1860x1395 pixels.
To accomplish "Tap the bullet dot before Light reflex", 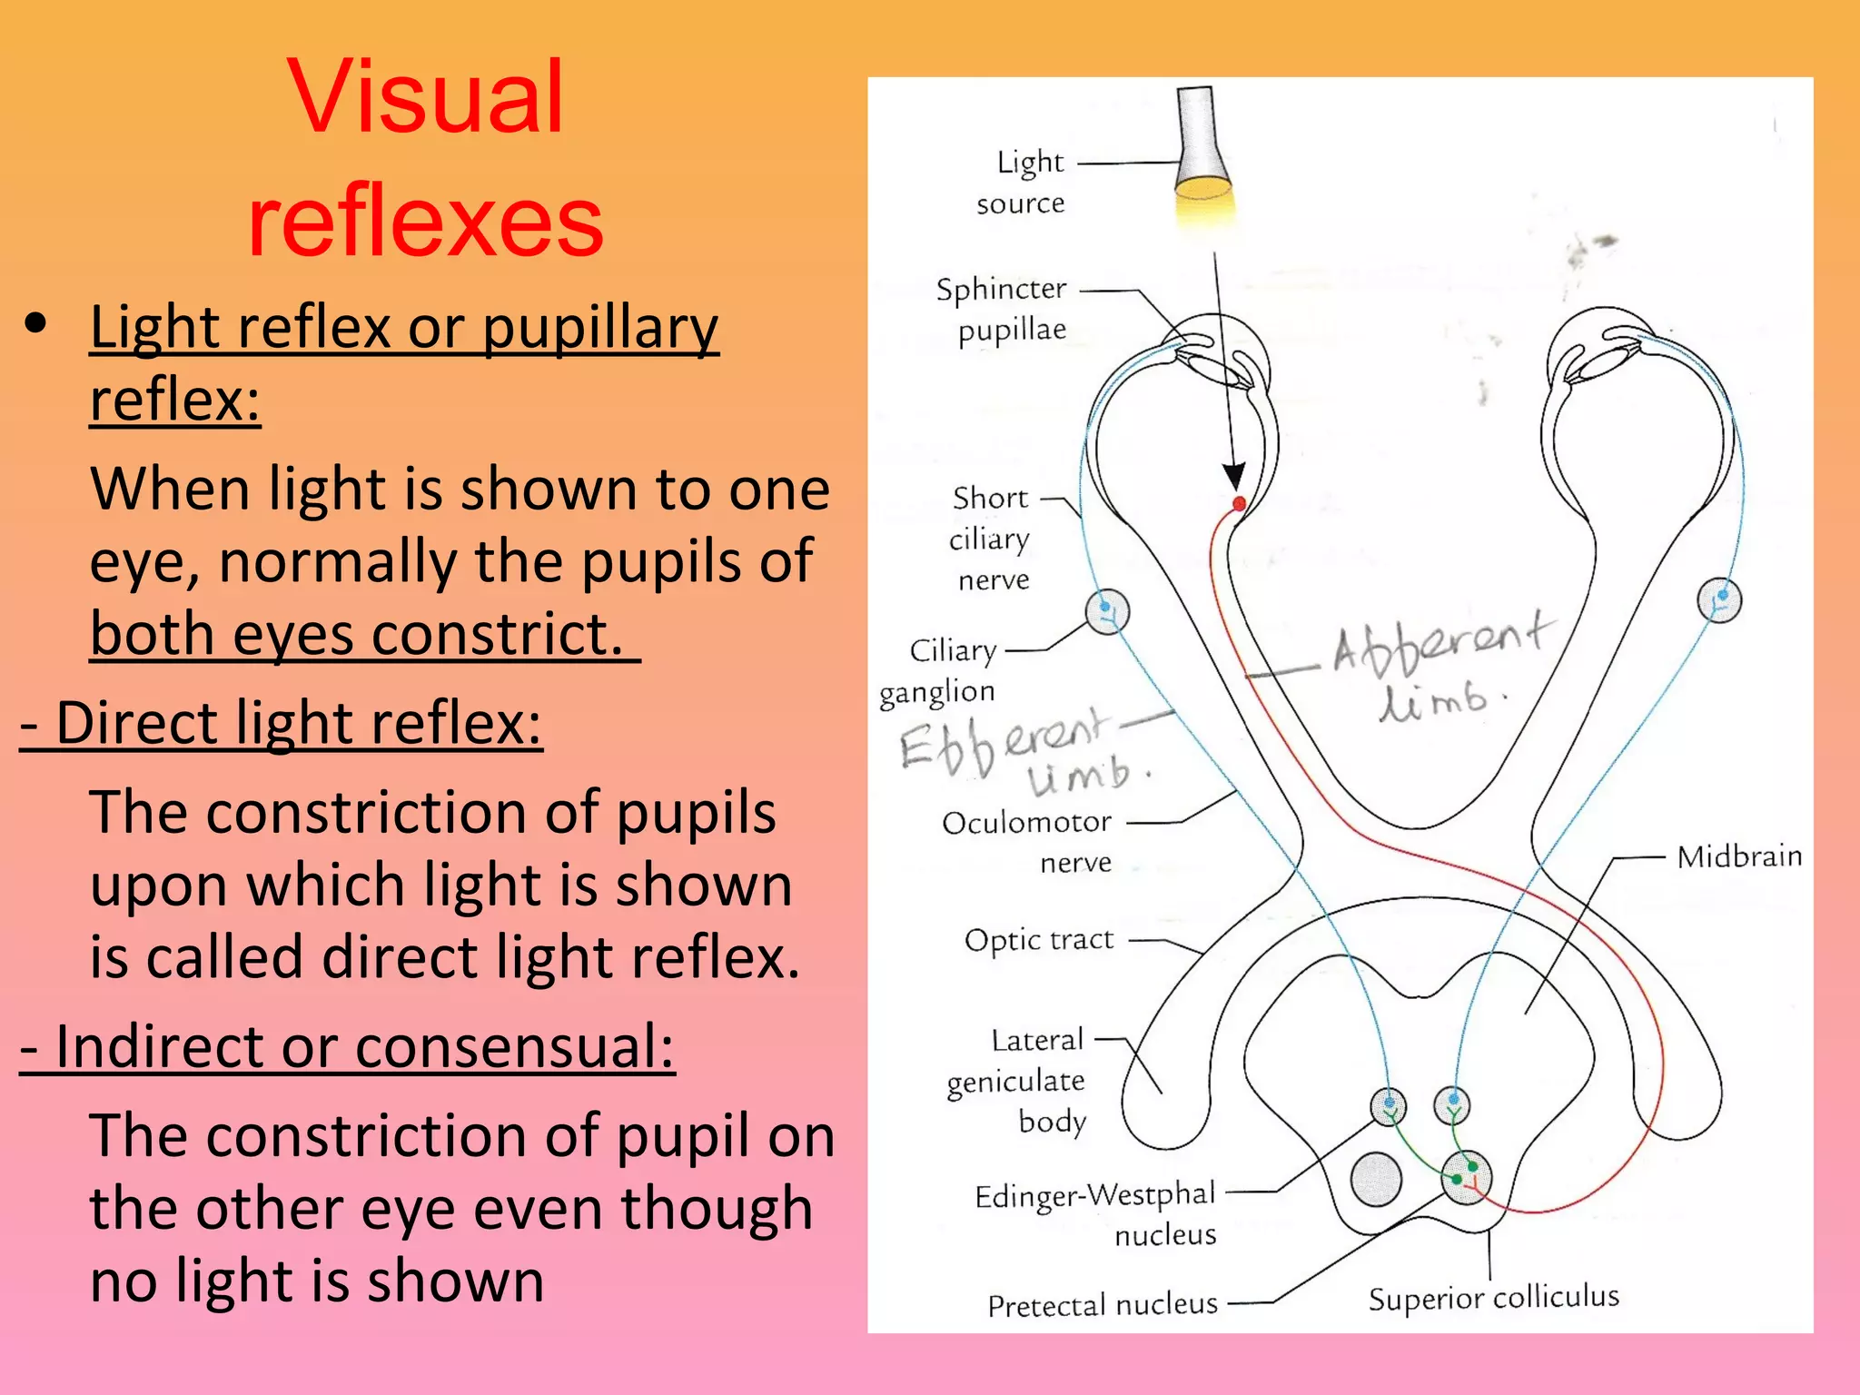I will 36,323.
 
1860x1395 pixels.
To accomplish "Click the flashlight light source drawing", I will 1202,145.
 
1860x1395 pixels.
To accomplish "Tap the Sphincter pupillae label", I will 1002,309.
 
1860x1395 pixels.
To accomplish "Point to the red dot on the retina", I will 1239,503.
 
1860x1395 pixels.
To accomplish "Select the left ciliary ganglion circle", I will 1107,611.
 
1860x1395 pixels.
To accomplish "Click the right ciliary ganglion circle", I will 1719,600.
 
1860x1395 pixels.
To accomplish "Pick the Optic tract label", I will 1039,939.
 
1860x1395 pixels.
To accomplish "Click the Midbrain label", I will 1738,856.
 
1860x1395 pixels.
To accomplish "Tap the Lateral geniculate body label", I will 1017,1081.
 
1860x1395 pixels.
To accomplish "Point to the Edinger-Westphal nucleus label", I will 1095,1213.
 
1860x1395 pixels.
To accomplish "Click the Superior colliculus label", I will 1493,1297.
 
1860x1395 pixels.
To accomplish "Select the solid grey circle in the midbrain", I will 1376,1179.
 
